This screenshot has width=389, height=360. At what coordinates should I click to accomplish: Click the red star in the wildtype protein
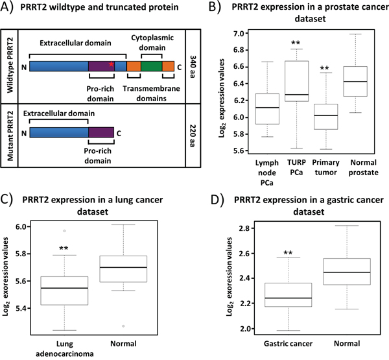coord(112,65)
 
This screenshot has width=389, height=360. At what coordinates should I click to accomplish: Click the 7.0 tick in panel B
coord(237,33)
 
